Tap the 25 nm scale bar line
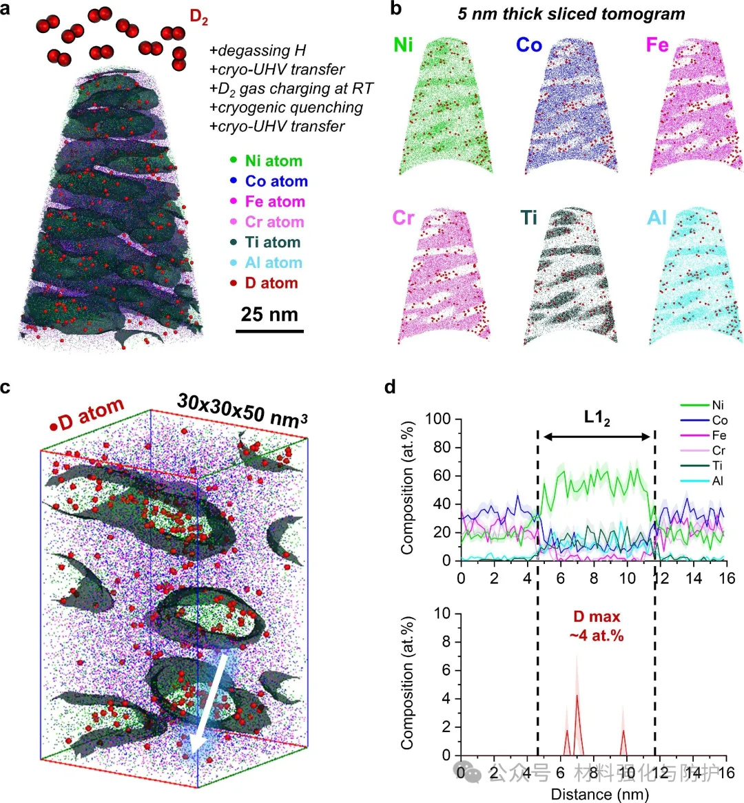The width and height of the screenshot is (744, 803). (269, 331)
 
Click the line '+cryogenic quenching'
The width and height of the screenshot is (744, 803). (286, 107)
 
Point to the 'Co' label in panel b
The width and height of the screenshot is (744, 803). (529, 45)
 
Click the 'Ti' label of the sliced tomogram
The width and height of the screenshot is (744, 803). (529, 218)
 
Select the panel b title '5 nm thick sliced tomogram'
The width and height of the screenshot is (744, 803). (571, 14)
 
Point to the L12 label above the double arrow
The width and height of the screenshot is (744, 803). (597, 419)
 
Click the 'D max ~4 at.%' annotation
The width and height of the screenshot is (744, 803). (597, 626)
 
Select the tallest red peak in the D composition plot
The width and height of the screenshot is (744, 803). (577, 697)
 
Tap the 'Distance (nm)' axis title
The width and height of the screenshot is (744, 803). (599, 794)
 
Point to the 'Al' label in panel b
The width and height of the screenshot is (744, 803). (657, 218)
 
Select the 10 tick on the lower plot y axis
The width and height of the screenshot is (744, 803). (442, 614)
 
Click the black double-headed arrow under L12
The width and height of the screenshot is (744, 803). (597, 436)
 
